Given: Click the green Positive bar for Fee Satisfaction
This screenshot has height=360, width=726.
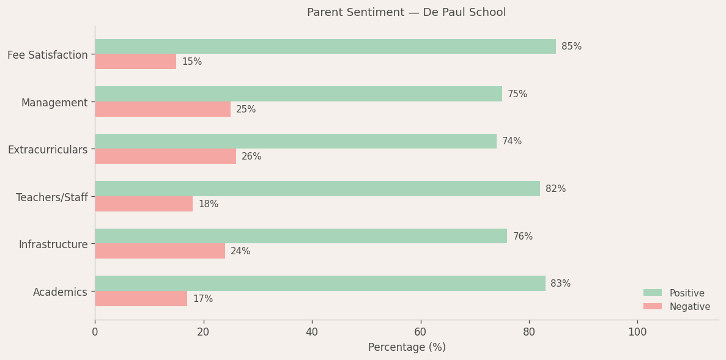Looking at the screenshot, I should point(325,46).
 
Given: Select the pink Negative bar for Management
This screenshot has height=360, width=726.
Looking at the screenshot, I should point(163,109).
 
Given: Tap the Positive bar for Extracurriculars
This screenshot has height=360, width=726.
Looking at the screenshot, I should point(295,141).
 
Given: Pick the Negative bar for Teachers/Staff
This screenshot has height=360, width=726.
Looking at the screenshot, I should point(144,204).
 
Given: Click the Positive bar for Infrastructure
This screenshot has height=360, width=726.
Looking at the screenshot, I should point(301,236).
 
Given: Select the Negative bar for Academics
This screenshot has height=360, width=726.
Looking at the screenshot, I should point(141,299).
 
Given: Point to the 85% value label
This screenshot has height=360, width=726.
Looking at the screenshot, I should point(571,46).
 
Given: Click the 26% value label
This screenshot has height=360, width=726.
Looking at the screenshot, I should point(251,156).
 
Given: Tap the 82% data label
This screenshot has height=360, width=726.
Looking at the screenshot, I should point(555,189).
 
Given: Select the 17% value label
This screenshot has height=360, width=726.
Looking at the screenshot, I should point(203,299).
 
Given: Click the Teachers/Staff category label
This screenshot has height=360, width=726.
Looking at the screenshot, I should point(52,197).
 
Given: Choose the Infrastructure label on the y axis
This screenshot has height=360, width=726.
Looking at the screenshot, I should point(53,244).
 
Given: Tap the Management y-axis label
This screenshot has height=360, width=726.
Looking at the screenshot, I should point(54,103).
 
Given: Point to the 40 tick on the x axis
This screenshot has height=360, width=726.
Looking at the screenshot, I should point(312,332).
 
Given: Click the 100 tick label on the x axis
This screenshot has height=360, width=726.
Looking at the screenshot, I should point(637,332).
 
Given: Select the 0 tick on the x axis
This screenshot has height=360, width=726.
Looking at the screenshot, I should point(95,332).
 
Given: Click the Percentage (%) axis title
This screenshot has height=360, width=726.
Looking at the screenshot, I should point(407,347).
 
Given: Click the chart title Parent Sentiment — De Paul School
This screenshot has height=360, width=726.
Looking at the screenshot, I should point(406,13).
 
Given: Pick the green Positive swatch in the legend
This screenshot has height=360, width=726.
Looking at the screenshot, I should point(652,293).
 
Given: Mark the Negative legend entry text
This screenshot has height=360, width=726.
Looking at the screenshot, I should point(689,307).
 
